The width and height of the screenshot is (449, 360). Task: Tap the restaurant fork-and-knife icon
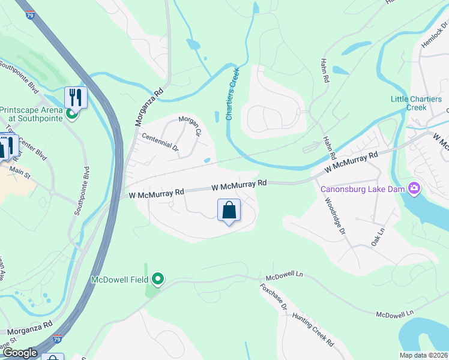click(76, 97)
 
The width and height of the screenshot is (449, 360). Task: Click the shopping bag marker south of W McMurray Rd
click(229, 211)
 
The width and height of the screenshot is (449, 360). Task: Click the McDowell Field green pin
click(158, 279)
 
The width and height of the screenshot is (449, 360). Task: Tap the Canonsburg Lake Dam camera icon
click(414, 189)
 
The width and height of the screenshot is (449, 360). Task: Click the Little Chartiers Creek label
click(416, 103)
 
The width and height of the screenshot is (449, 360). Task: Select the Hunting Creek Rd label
click(312, 332)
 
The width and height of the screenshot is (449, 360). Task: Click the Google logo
click(20, 353)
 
